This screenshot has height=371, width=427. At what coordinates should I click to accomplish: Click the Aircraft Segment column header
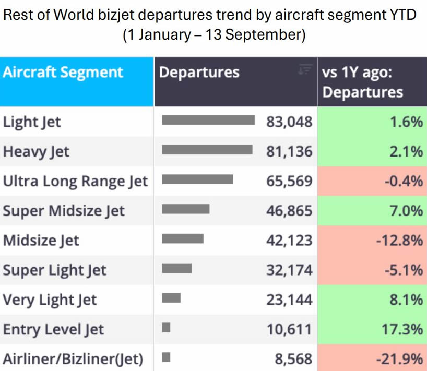point(63,73)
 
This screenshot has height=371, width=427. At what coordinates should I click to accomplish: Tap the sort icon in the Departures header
point(305,69)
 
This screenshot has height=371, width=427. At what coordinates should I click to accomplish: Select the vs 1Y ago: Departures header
point(362,82)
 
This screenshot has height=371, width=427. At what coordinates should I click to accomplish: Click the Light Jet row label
point(32,122)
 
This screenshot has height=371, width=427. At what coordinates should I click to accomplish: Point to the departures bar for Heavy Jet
point(207,150)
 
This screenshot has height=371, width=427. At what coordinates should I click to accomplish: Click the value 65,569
point(289,181)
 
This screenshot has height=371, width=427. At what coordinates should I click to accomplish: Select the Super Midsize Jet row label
point(64,211)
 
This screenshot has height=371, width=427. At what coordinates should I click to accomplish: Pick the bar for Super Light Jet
point(177,268)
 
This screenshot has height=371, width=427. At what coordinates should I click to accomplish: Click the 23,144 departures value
point(289,300)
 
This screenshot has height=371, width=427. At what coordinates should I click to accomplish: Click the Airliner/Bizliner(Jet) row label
point(73,359)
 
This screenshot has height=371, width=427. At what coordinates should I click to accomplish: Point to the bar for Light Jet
point(208,120)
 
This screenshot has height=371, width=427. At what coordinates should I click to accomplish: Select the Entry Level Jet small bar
point(166,328)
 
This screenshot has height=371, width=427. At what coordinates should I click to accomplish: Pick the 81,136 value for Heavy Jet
point(289,152)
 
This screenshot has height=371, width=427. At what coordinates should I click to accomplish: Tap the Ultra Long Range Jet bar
point(197,179)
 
